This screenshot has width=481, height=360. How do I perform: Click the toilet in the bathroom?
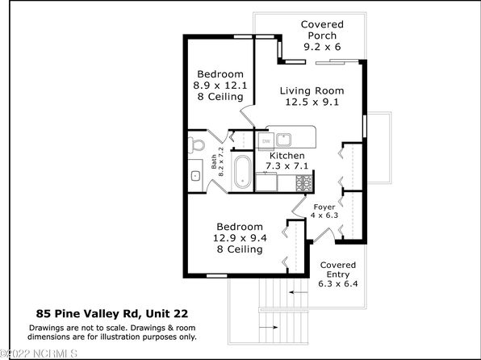click(196, 144)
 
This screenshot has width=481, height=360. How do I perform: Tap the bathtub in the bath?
click(243, 173)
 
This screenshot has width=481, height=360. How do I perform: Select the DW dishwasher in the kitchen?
click(266, 141)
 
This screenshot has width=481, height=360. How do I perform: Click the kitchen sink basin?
click(284, 140)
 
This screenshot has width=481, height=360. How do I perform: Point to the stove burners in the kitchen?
click(303, 182)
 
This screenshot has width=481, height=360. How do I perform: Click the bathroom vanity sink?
click(195, 175)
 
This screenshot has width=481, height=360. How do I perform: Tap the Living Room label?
click(312, 91)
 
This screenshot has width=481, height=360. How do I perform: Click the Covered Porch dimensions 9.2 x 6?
click(322, 47)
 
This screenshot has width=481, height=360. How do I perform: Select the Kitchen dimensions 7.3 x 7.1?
click(287, 166)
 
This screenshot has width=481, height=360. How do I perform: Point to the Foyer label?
click(324, 207)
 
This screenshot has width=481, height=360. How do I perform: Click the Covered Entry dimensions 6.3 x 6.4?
click(337, 283)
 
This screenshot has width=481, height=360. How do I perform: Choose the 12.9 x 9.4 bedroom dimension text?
click(240, 238)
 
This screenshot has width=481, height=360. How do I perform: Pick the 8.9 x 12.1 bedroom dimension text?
click(220, 86)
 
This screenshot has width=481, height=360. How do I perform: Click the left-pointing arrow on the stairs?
click(299, 292)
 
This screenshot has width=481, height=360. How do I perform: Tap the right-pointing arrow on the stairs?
click(269, 328)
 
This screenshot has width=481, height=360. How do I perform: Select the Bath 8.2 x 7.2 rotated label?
click(217, 161)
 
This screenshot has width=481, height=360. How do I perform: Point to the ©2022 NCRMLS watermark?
click(39, 354)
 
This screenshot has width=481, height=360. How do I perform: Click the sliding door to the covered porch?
click(337, 61)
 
